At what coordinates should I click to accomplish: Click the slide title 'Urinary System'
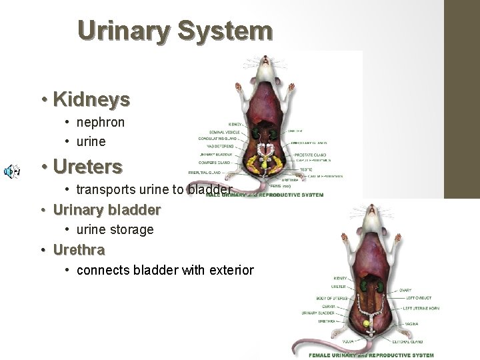[x=175, y=31]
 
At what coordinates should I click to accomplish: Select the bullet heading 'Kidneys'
[x=91, y=100]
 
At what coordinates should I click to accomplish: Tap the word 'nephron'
[x=101, y=123]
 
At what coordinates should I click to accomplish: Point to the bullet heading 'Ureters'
[x=87, y=166]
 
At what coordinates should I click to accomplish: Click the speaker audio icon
[x=11, y=172]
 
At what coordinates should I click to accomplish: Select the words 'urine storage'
[x=115, y=229]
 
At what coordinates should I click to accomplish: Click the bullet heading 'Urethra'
[x=78, y=250]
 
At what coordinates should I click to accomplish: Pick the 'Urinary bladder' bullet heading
[x=107, y=209]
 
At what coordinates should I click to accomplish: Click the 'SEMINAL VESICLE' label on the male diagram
[x=225, y=131]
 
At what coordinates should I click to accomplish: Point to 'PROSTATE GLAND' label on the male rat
[x=309, y=154]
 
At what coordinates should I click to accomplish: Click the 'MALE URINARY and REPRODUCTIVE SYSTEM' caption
[x=264, y=195]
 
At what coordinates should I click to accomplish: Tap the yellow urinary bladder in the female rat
[x=365, y=324]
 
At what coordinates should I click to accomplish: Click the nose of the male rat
[x=265, y=60]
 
